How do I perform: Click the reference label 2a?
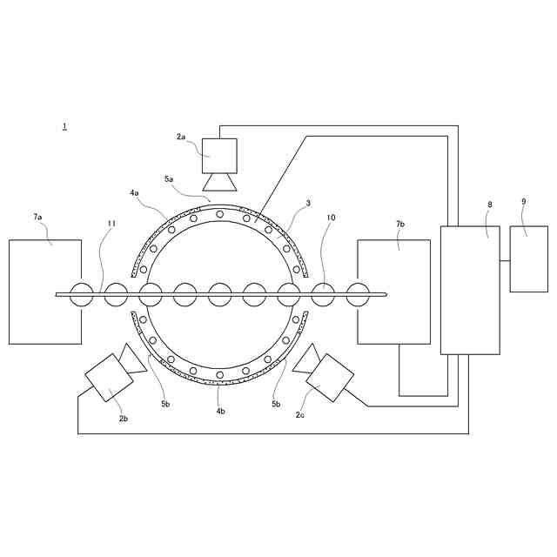181,137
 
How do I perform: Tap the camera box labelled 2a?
219,156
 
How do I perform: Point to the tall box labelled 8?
470,290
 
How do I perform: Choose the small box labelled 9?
528,258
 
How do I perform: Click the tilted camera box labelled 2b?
109,378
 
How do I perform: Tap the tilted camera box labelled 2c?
330,378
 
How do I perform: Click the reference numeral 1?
64,127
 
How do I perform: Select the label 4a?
134,192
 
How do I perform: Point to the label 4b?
220,411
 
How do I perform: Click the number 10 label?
331,218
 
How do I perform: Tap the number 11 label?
111,224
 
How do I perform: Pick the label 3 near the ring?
308,204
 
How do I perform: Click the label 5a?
169,178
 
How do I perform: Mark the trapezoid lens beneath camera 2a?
219,182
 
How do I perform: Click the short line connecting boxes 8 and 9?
505,260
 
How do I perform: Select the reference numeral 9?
523,202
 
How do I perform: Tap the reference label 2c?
299,415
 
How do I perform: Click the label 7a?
37,217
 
